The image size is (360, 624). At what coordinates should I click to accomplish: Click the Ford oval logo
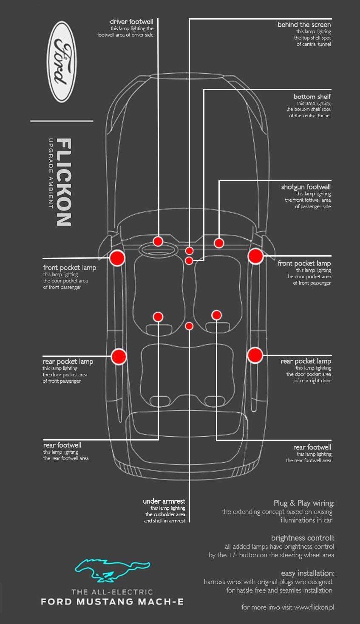[x=62, y=62]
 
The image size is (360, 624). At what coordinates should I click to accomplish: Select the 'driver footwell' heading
[x=131, y=22]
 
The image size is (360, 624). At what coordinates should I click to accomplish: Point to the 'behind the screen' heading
[x=304, y=25]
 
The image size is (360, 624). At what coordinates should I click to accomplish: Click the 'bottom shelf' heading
[x=312, y=96]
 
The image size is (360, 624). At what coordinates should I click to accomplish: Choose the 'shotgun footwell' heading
[x=306, y=187]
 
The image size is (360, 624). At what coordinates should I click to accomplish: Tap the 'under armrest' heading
[x=164, y=501]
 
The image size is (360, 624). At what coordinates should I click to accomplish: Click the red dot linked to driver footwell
[x=158, y=241]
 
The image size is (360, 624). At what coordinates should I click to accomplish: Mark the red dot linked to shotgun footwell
[x=219, y=243]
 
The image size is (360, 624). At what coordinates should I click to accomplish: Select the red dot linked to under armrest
[x=189, y=326]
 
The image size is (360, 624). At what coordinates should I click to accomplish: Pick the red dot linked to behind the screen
[x=189, y=251]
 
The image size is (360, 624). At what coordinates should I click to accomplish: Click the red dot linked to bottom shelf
[x=189, y=261]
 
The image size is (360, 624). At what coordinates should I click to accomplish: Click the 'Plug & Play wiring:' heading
[x=304, y=503]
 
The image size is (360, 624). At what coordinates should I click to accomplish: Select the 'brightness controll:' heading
[x=303, y=538]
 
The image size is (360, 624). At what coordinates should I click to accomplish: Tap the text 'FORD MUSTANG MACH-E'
[x=112, y=601]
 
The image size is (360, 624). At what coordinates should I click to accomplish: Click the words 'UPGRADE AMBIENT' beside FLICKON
[x=50, y=173]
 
